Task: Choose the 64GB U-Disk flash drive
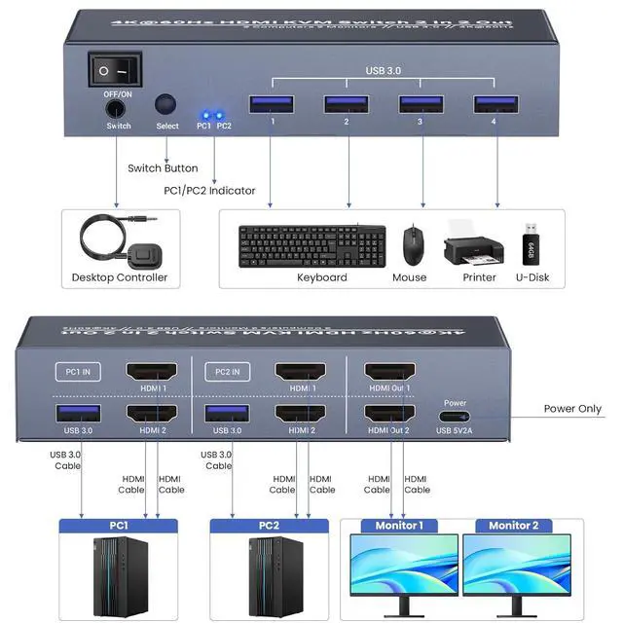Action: [x=528, y=242]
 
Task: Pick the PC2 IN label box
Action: [x=228, y=370]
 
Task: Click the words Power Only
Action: [x=572, y=409]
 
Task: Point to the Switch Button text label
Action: [x=163, y=168]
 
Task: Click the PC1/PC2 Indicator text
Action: [x=209, y=191]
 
